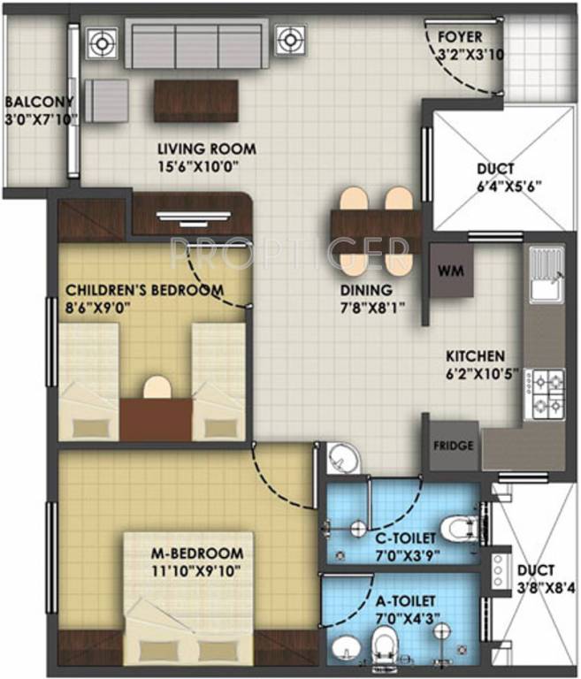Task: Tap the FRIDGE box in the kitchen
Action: (x=453, y=445)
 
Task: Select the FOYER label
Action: (x=460, y=37)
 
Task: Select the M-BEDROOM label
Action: (x=196, y=553)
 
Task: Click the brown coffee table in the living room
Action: (x=196, y=100)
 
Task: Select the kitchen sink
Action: (x=546, y=286)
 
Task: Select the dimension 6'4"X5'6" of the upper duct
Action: (x=496, y=186)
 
